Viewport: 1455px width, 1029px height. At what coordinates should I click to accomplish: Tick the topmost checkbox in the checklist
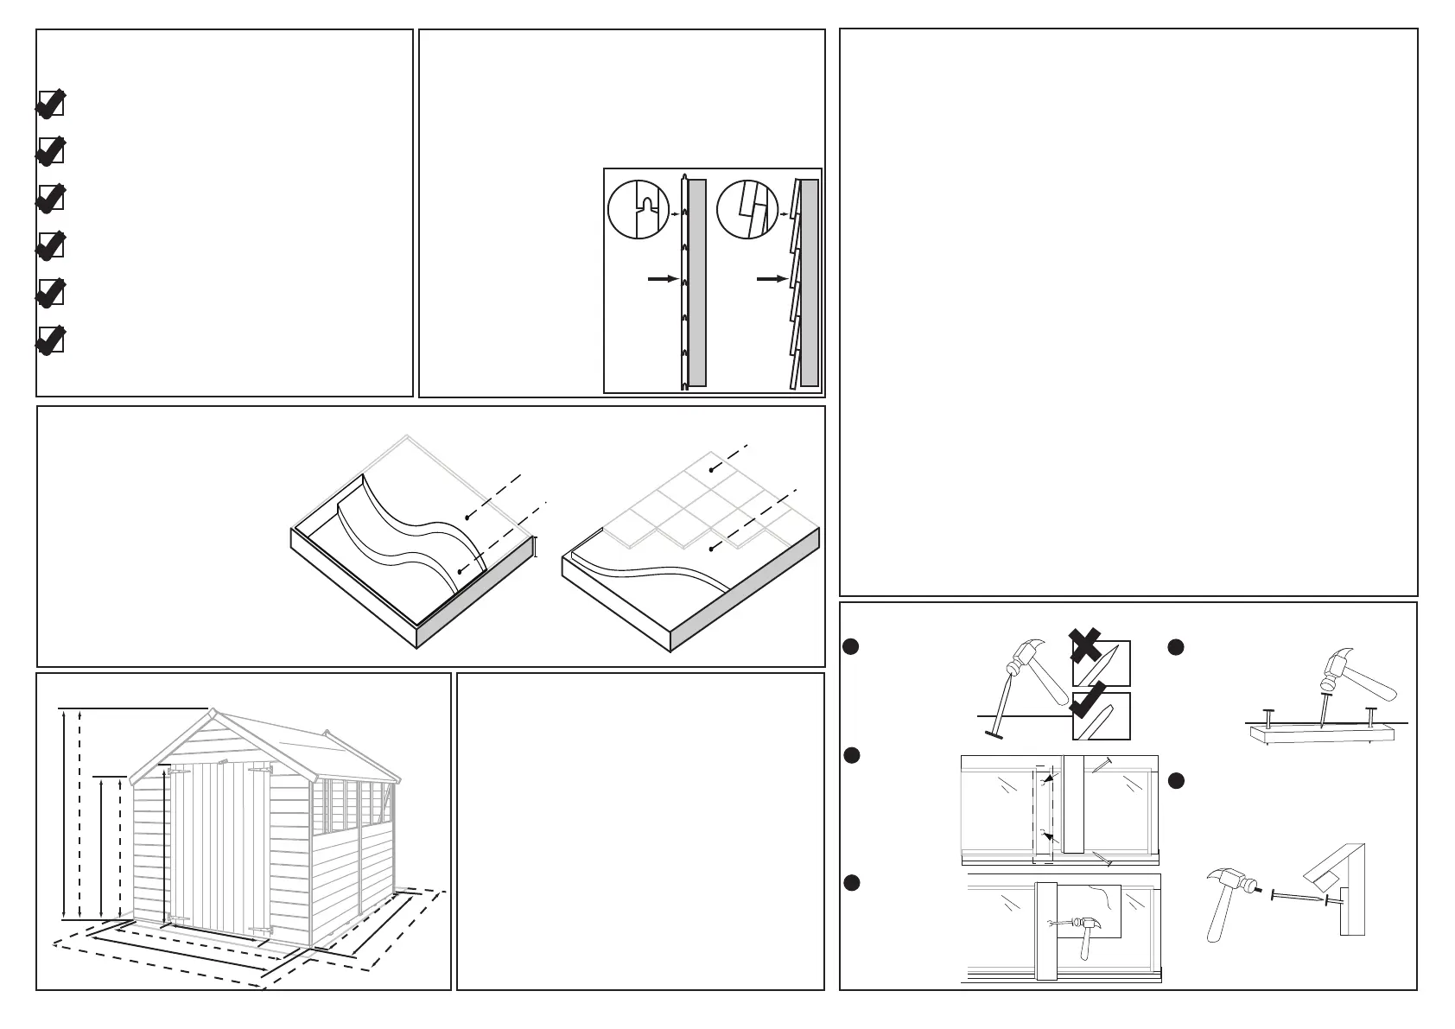click(51, 105)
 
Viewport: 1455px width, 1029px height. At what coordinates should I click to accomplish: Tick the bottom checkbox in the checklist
click(51, 340)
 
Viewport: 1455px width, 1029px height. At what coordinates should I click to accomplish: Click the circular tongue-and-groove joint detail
click(639, 210)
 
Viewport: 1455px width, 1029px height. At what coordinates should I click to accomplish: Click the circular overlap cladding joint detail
click(748, 210)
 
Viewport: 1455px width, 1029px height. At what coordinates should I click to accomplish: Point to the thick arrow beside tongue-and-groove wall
click(661, 279)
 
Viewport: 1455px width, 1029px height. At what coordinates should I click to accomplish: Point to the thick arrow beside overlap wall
click(771, 279)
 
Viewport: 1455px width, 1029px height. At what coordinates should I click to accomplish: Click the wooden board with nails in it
click(1322, 734)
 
